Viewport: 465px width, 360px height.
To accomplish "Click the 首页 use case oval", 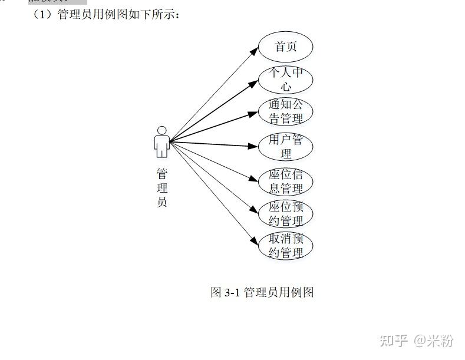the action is pyautogui.click(x=286, y=47).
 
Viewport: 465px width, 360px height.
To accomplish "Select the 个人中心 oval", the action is pyautogui.click(x=286, y=80).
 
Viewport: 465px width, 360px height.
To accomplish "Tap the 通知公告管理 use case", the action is pyautogui.click(x=286, y=111).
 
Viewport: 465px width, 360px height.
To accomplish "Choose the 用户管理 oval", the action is pyautogui.click(x=286, y=147).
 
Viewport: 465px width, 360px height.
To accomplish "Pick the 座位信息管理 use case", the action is pyautogui.click(x=286, y=182).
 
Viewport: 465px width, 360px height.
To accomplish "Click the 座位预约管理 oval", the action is pyautogui.click(x=286, y=214).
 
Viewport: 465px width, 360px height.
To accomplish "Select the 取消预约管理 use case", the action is pyautogui.click(x=286, y=246).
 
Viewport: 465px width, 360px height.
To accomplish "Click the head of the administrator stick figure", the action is pyautogui.click(x=161, y=130).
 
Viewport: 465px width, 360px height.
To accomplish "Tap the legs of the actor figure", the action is pyautogui.click(x=161, y=152).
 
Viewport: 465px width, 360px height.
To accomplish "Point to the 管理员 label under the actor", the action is pyautogui.click(x=161, y=188).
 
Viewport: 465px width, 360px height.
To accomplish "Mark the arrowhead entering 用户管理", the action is pyautogui.click(x=255, y=146).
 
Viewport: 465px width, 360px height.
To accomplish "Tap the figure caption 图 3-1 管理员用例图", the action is pyautogui.click(x=262, y=292).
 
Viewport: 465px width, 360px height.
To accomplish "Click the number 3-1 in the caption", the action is pyautogui.click(x=232, y=292).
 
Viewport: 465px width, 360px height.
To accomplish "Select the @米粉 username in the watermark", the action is pyautogui.click(x=434, y=341).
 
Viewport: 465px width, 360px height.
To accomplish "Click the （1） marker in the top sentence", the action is pyautogui.click(x=44, y=14).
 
